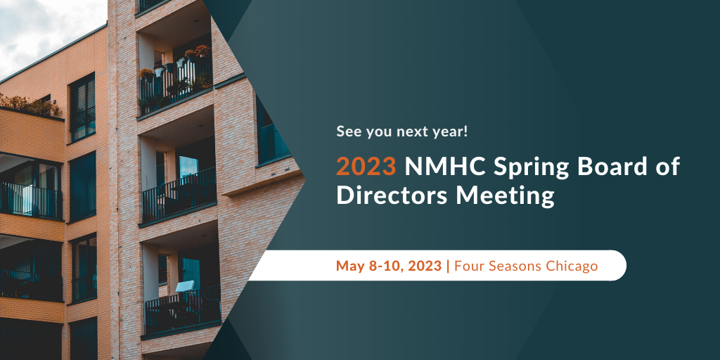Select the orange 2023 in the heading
366,166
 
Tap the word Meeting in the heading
505,197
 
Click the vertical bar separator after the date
448,266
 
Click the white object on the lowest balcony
185,287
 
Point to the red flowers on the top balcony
202,50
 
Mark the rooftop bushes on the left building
30,105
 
